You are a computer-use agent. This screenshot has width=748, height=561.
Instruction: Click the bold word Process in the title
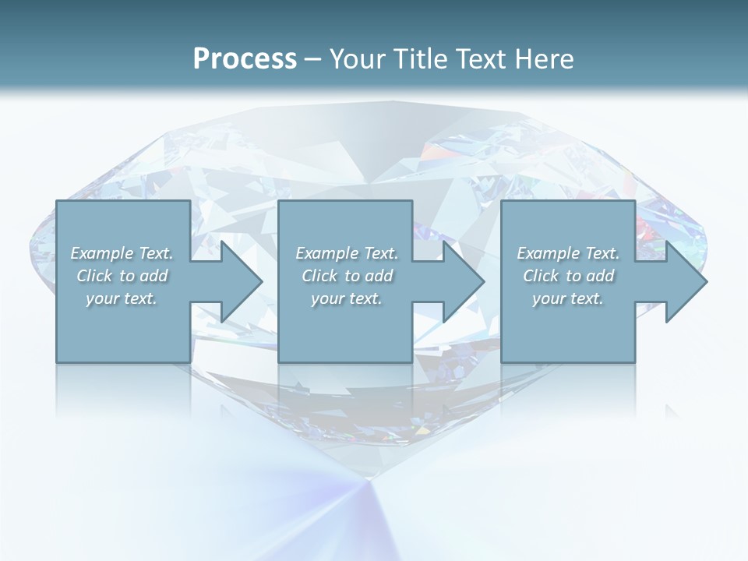coord(245,59)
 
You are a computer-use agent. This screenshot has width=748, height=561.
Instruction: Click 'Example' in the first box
coord(101,253)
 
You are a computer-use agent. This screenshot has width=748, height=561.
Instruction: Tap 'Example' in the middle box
coord(326,253)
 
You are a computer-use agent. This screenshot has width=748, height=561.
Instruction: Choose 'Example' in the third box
coord(548,253)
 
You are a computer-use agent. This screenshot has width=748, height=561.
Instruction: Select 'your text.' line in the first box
coord(122,298)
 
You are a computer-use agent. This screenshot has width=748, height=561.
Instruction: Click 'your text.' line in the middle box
coord(347,298)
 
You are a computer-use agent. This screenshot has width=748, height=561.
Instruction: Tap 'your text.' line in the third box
coord(568,298)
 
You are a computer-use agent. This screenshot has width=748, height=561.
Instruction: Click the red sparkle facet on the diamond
coord(644,231)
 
